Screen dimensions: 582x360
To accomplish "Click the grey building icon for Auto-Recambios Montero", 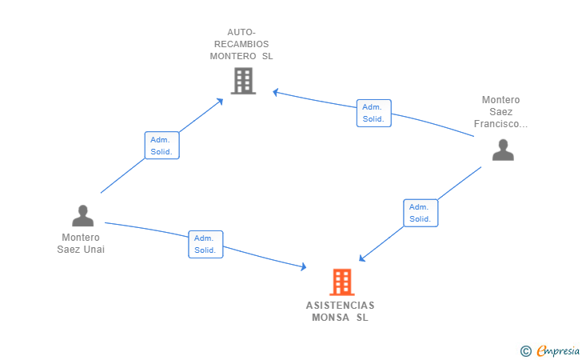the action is [243, 81].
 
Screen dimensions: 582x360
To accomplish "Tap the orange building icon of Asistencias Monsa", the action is [342, 282].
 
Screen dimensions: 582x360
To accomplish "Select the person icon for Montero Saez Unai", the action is [83, 215].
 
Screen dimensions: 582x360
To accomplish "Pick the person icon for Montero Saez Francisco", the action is [503, 150].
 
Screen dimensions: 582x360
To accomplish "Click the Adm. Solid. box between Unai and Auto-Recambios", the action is [161, 146].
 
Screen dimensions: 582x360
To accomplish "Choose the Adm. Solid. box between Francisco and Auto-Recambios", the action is [374, 113].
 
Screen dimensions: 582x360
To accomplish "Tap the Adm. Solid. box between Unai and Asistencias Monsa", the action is [205, 244].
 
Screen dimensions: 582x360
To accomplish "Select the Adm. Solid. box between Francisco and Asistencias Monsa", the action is [421, 213].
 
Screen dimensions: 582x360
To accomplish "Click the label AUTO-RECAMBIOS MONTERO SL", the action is [241, 44].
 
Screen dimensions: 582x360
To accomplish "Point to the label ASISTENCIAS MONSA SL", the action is [340, 311].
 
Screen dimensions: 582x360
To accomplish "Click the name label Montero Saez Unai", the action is [81, 243].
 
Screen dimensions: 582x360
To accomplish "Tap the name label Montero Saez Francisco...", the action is [500, 112].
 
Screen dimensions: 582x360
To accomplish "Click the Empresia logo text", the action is [558, 350].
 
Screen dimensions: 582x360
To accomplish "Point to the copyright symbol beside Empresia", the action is [525, 351].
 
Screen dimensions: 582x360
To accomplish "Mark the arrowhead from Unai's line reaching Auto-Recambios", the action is [220, 101].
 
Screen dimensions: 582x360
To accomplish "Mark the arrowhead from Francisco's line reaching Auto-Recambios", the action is [276, 92].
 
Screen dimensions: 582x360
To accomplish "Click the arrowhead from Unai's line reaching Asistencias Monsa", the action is [303, 266].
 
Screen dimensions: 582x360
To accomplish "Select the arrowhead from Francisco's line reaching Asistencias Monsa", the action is [362, 258].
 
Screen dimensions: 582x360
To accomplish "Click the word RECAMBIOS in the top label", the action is [241, 44].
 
